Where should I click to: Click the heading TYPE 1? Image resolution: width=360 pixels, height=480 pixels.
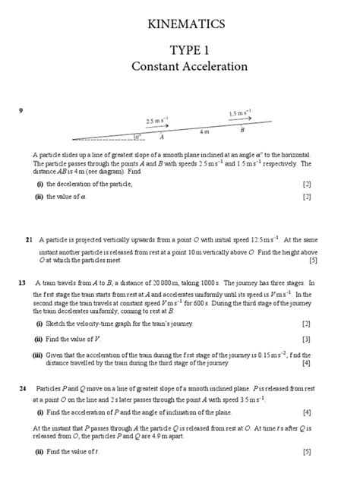click(189, 50)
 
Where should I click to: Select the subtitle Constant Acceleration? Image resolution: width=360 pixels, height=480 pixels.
click(189, 67)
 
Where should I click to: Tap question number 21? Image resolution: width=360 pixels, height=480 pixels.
click(29, 240)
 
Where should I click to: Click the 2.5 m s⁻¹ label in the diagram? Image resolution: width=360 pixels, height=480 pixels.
click(156, 120)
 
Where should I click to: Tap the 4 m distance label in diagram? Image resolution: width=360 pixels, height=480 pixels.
click(204, 132)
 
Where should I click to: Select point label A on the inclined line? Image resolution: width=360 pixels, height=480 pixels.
click(162, 138)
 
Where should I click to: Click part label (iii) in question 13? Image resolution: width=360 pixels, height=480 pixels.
click(37, 355)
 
